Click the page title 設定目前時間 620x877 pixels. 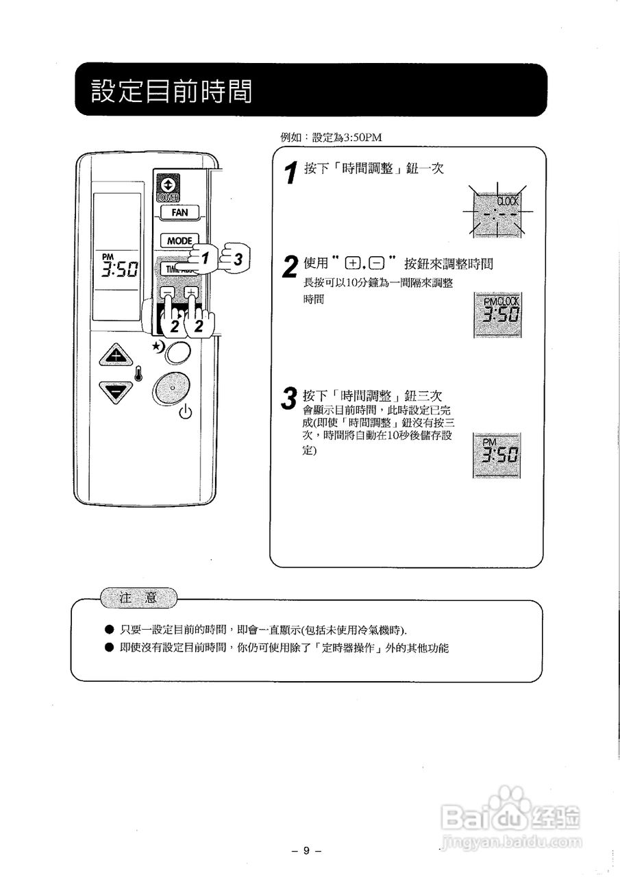[x=171, y=90]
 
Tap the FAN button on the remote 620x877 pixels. [x=179, y=212]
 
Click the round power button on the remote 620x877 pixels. [x=171, y=389]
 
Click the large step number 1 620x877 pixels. [x=292, y=173]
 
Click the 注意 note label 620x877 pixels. [x=138, y=598]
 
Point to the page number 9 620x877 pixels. [x=307, y=850]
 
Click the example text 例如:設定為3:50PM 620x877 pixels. [x=331, y=137]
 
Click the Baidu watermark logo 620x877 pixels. [x=510, y=815]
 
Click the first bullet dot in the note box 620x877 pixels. [x=108, y=629]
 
